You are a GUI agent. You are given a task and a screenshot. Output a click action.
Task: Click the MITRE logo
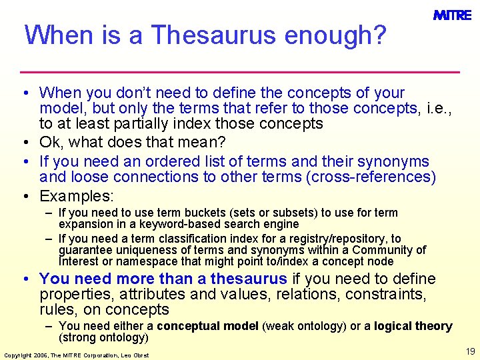click(452, 15)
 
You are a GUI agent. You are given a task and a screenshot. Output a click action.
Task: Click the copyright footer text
click(77, 355)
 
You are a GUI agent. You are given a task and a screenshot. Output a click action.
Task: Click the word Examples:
click(77, 196)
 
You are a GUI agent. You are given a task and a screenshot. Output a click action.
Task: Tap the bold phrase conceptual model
click(208, 326)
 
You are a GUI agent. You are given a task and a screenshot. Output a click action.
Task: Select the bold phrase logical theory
click(413, 326)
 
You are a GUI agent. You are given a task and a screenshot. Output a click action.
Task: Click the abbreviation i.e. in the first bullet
click(437, 108)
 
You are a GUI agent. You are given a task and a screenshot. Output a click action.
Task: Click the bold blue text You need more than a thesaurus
click(163, 279)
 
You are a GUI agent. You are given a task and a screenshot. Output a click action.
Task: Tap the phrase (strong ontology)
click(103, 337)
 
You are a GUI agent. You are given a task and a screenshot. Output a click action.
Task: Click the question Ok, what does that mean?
click(133, 142)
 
